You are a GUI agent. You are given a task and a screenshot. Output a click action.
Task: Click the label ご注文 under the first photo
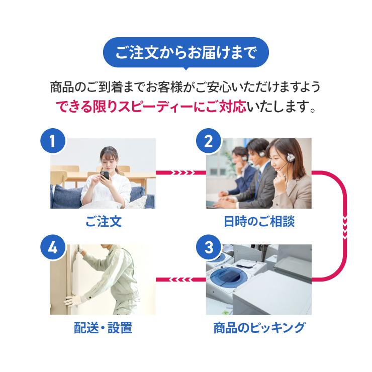pos(103,222)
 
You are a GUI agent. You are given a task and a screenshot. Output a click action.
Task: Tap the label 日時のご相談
pos(258,222)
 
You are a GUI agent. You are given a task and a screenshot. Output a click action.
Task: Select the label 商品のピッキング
pos(258,328)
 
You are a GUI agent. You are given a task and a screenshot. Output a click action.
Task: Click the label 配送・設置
pos(103,328)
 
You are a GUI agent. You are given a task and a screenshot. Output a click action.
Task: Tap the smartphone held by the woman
pos(105,176)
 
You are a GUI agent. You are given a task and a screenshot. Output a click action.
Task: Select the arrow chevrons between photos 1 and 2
pos(181,173)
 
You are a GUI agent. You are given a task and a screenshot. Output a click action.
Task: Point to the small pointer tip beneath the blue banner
pos(185,69)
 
